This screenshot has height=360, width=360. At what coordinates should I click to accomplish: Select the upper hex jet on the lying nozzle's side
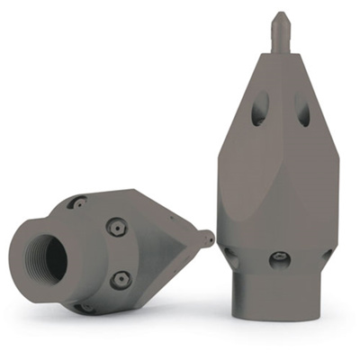pos(117,229)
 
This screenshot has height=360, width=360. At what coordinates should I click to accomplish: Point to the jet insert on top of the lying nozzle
pos(78,203)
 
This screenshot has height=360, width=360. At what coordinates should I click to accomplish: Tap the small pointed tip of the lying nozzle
pos(208,238)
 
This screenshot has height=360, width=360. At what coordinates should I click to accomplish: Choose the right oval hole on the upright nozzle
pos(303,112)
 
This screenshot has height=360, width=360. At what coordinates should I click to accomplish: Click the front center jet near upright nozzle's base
pos(280,260)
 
